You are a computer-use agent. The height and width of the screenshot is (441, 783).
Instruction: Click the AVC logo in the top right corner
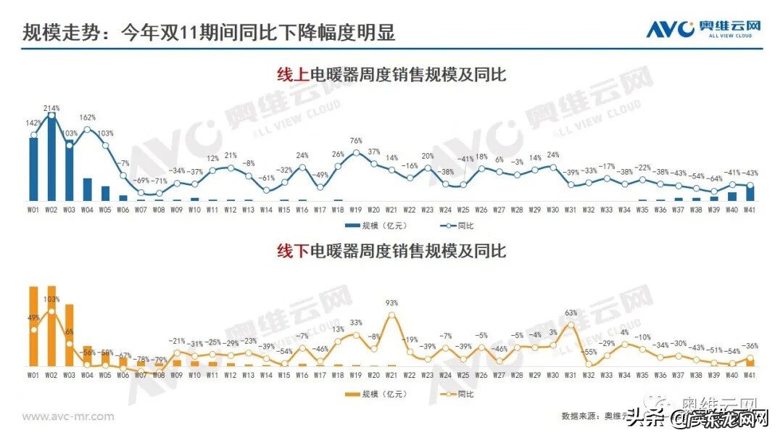tap(704, 29)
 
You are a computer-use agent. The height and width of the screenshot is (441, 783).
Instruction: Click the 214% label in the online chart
tap(51, 108)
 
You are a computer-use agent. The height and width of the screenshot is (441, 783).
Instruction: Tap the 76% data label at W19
tap(357, 141)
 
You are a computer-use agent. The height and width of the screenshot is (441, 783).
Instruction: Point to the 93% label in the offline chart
tap(392, 302)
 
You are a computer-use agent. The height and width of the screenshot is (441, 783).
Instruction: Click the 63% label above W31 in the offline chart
tap(571, 313)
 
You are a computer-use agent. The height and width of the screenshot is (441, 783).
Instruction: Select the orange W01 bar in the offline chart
tap(33, 326)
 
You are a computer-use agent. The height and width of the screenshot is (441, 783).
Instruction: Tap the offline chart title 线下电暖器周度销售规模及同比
tap(391, 252)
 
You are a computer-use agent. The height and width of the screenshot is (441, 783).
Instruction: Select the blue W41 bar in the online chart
tap(750, 193)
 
